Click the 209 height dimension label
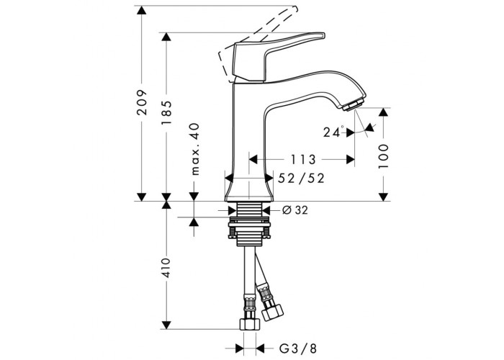pyautogui.click(x=142, y=102)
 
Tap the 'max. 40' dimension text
pyautogui.click(x=195, y=149)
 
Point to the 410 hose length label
pyautogui.click(x=166, y=267)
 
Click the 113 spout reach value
pyautogui.click(x=303, y=159)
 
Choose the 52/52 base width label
pyautogui.click(x=301, y=178)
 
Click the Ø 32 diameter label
pyautogui.click(x=295, y=210)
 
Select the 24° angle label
pyautogui.click(x=333, y=132)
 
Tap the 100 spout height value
pyautogui.click(x=383, y=156)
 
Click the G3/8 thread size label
pyautogui.click(x=297, y=348)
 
